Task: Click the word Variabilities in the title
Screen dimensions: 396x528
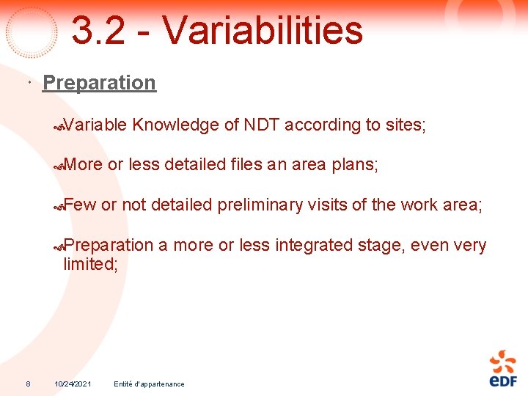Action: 262,31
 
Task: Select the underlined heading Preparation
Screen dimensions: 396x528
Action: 99,83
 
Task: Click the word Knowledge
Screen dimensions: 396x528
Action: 176,125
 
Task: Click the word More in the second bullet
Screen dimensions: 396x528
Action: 83,165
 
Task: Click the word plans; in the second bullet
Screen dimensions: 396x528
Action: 356,165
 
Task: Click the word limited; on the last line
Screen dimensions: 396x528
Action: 90,264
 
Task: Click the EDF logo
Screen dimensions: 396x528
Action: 503,368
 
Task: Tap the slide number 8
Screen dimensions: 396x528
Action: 28,384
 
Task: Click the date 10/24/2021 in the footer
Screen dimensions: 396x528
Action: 73,384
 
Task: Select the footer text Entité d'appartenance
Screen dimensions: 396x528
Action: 149,384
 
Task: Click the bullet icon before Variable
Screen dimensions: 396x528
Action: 59,126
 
